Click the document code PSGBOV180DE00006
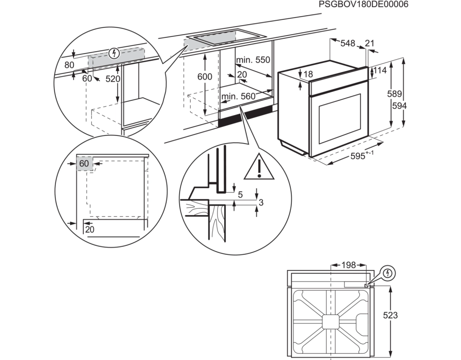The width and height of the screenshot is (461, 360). pyautogui.click(x=364, y=4)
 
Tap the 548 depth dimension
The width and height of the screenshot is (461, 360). pyautogui.click(x=348, y=43)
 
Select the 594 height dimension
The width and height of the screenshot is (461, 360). pyautogui.click(x=399, y=105)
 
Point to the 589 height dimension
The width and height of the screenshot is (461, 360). pyautogui.click(x=394, y=94)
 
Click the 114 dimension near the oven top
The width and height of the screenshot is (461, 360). pyautogui.click(x=380, y=70)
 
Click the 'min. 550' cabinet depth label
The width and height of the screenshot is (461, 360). pyautogui.click(x=253, y=60)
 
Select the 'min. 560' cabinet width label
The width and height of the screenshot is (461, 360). pyautogui.click(x=239, y=96)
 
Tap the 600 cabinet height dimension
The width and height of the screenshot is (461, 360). pyautogui.click(x=205, y=76)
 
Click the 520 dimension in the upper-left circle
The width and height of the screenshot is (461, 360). pyautogui.click(x=113, y=79)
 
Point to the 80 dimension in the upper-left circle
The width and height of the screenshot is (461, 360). pyautogui.click(x=69, y=65)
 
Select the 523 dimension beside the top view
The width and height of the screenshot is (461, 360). pyautogui.click(x=390, y=315)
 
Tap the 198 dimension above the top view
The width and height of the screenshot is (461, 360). pyautogui.click(x=348, y=265)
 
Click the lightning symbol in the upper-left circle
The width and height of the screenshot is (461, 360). pyautogui.click(x=114, y=54)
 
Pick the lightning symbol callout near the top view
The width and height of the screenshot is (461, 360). pyautogui.click(x=388, y=273)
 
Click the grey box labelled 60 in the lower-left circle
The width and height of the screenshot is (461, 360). pyautogui.click(x=85, y=163)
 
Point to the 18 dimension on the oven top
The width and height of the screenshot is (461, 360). pyautogui.click(x=308, y=74)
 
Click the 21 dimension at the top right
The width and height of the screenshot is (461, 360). pyautogui.click(x=370, y=43)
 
